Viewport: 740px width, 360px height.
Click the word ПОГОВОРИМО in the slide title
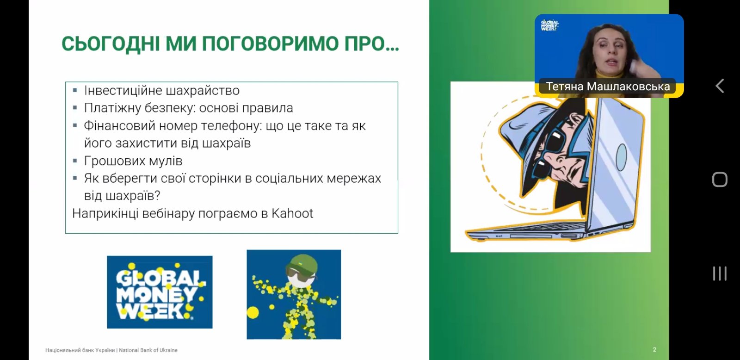coord(271,43)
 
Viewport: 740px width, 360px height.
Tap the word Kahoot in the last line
coord(292,214)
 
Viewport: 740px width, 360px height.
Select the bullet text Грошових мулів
coord(133,161)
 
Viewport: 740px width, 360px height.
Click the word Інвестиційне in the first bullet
coord(123,91)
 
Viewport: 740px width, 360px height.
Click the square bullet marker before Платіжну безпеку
coord(75,108)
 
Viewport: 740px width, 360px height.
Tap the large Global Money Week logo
coord(160,292)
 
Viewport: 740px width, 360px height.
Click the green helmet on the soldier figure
coord(302,264)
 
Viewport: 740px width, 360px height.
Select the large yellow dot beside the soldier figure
coord(253,312)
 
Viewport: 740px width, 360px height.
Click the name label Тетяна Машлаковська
coord(608,87)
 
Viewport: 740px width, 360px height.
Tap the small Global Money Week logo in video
coord(549,25)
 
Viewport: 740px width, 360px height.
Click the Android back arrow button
coord(720,86)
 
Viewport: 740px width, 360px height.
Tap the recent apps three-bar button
coord(720,273)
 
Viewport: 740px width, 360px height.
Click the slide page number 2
coord(654,349)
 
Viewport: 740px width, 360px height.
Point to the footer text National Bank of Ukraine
coord(148,350)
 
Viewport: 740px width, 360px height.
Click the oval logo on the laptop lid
coord(622,157)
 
